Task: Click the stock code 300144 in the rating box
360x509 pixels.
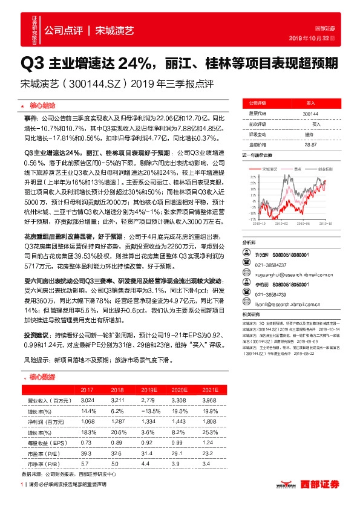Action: (311, 113)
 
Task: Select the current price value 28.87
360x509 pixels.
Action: (311, 144)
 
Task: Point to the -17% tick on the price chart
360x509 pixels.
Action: (247, 219)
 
